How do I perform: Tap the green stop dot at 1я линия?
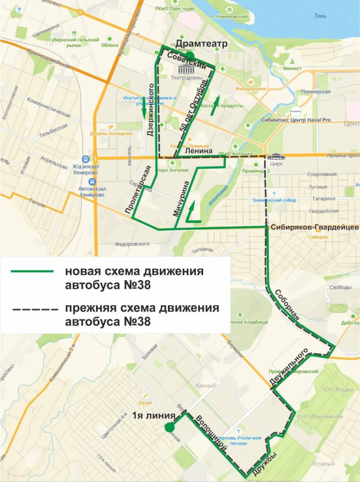(x=168, y=427)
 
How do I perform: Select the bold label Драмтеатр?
(x=202, y=44)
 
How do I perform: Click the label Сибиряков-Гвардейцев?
(x=315, y=227)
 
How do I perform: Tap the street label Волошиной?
(x=208, y=431)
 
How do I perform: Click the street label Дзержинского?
(x=151, y=110)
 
